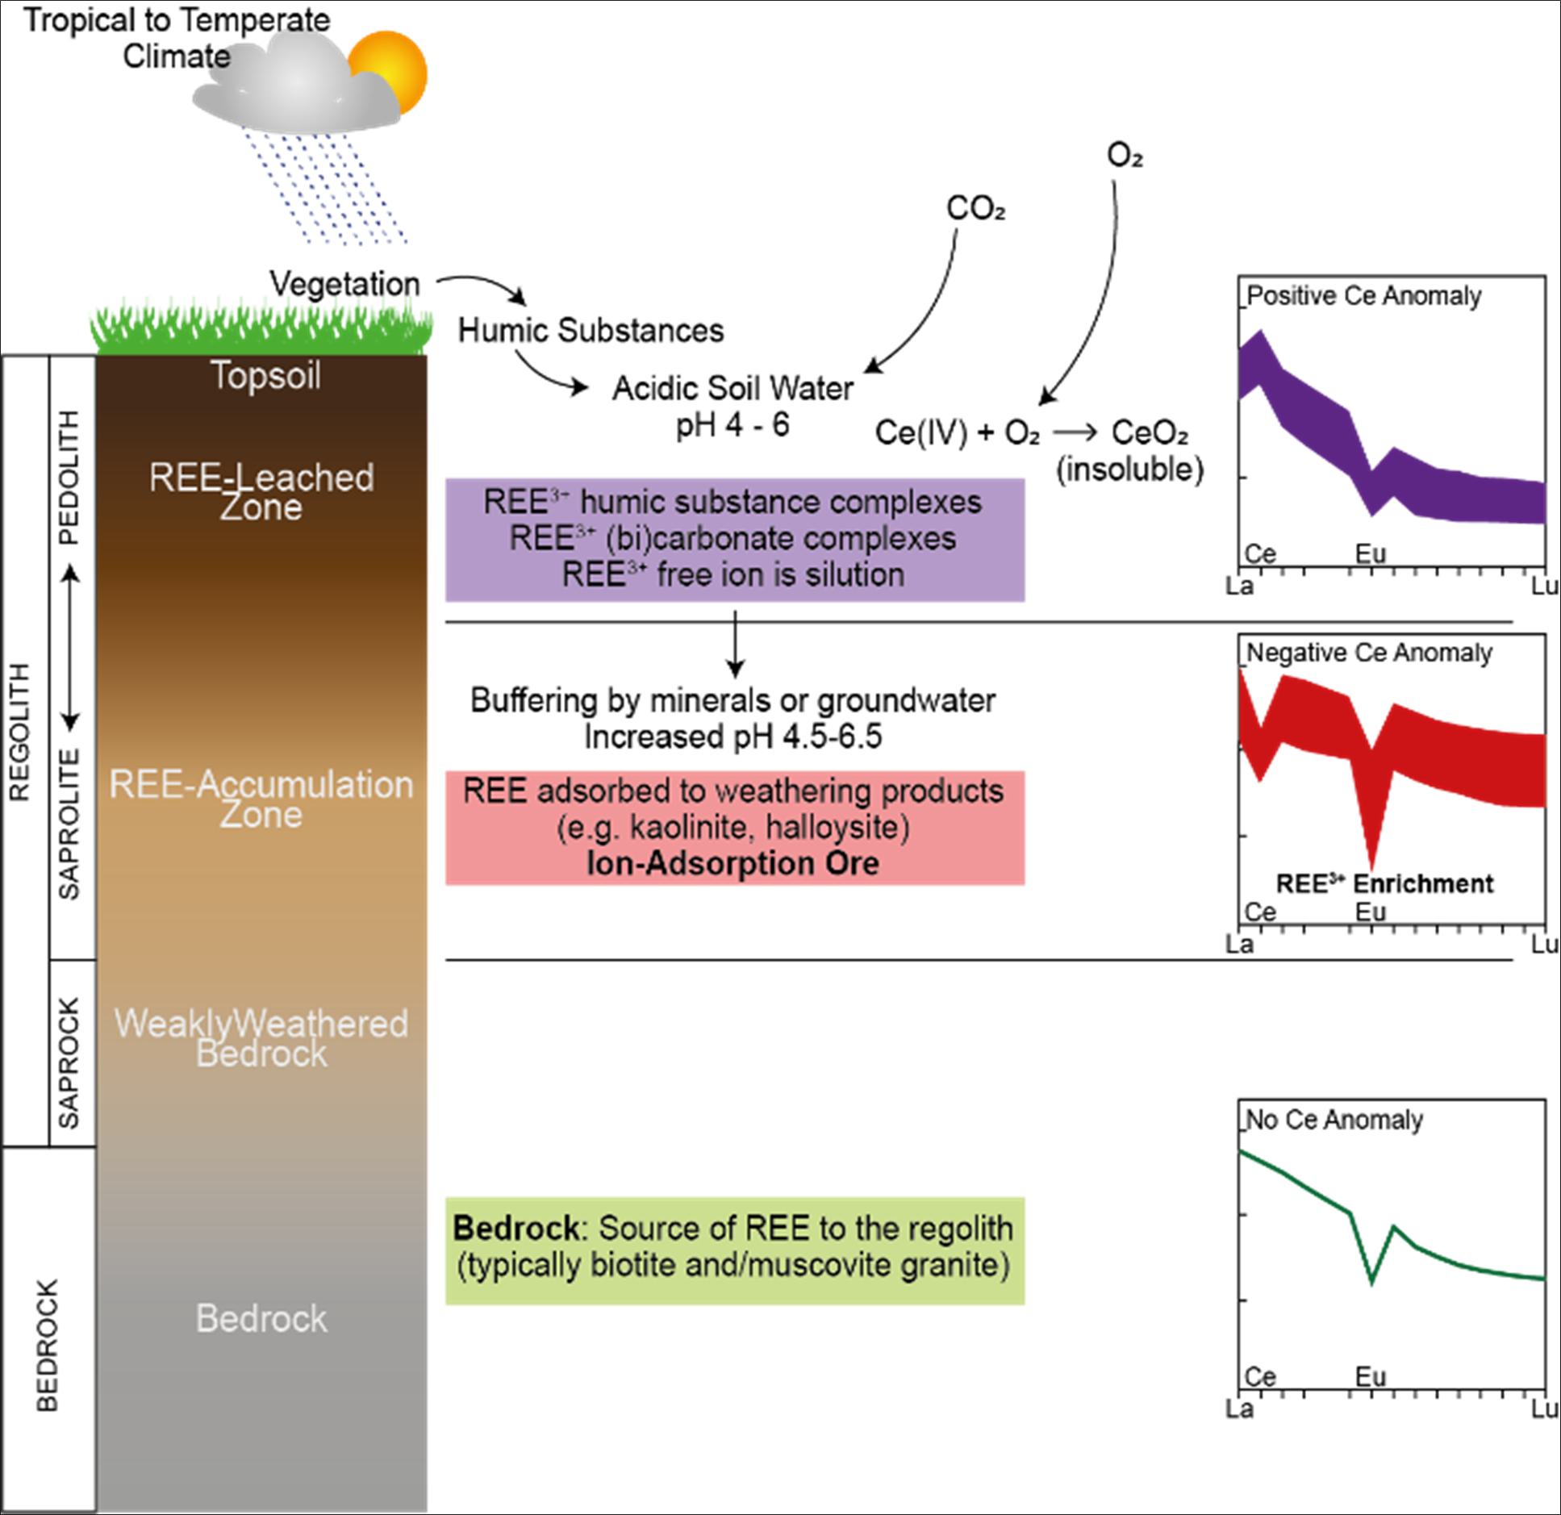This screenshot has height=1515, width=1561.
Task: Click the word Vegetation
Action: click(x=344, y=284)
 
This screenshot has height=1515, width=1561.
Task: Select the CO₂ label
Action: click(x=975, y=209)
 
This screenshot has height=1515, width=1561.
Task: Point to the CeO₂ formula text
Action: click(x=1150, y=433)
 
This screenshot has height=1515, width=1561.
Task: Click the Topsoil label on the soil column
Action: click(x=265, y=375)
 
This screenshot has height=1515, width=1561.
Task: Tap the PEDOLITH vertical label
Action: click(x=70, y=478)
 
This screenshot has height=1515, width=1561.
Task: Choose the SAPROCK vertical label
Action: click(x=70, y=1063)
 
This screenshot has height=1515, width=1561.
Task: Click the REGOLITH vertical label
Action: click(x=19, y=732)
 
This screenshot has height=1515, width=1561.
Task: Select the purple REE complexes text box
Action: click(x=735, y=540)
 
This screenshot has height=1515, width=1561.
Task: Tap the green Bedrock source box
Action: click(x=735, y=1251)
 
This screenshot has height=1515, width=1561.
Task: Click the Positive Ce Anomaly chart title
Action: click(x=1364, y=296)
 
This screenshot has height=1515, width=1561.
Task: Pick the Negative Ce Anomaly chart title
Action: click(x=1370, y=653)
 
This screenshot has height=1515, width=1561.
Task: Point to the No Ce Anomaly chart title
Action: click(x=1335, y=1120)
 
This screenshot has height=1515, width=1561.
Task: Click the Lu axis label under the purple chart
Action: click(x=1545, y=586)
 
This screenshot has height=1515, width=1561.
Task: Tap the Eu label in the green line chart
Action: click(x=1370, y=1376)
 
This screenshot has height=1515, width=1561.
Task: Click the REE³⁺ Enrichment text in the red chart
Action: click(x=1384, y=884)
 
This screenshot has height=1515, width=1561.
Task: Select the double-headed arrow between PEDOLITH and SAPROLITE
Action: click(x=70, y=645)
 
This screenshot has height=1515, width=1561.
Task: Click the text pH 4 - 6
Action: click(x=733, y=425)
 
